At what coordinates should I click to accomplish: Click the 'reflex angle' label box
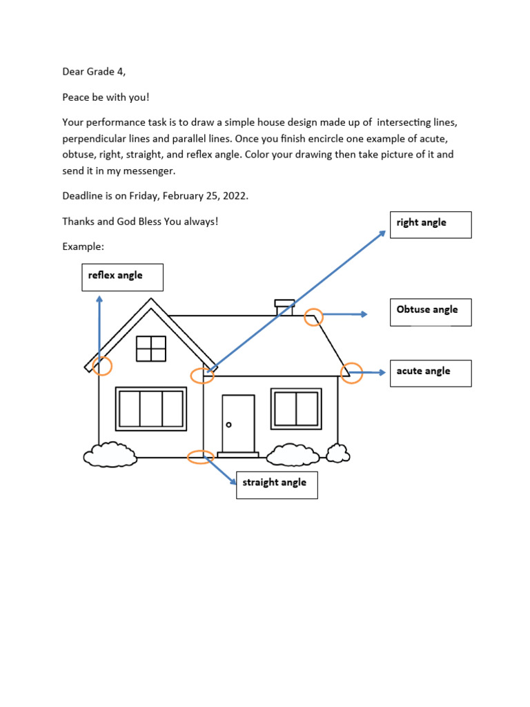tap(122, 276)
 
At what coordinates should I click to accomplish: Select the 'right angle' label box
tap(430, 224)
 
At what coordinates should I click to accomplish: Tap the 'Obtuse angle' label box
tap(430, 312)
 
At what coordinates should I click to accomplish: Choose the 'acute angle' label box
tap(430, 373)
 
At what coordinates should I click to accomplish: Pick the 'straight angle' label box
tap(276, 485)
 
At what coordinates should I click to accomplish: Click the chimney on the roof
tap(284, 307)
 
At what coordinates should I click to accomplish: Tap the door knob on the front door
tap(229, 425)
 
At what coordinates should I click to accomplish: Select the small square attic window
tap(151, 349)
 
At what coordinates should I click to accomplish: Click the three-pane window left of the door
tap(150, 409)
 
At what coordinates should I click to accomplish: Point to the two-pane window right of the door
tap(296, 408)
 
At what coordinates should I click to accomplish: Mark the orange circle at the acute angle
tap(351, 373)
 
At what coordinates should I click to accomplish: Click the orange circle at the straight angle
tap(200, 456)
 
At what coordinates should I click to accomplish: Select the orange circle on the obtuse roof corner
tap(313, 317)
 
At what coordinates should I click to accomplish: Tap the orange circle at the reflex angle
tap(102, 366)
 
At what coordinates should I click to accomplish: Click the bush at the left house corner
tap(110, 454)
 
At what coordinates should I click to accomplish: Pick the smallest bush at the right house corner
tap(337, 453)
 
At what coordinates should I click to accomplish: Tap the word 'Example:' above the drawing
tap(82, 246)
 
